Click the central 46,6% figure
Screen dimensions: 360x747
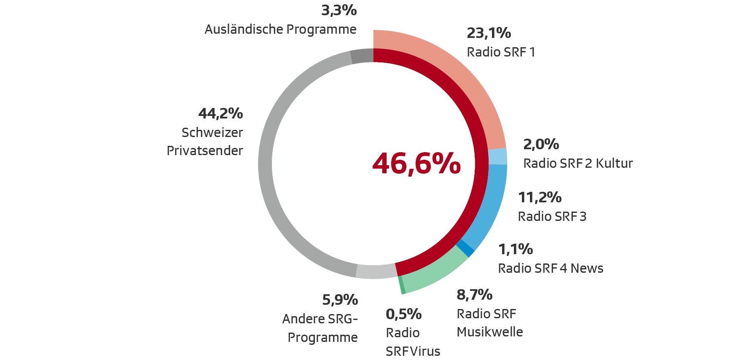(x=416, y=164)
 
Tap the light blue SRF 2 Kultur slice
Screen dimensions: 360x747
(x=497, y=156)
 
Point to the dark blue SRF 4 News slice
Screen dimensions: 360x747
(x=465, y=248)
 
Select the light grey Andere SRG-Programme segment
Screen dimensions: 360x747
(x=376, y=271)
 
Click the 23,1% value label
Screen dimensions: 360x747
(x=489, y=33)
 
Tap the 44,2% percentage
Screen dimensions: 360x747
(x=220, y=113)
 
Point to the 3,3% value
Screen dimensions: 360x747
(x=339, y=10)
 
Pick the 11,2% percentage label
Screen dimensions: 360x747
(x=540, y=197)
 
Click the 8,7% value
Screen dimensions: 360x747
(x=474, y=295)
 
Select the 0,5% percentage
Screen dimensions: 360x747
(x=403, y=314)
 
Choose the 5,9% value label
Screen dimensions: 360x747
(x=340, y=300)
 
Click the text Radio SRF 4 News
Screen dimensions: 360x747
(x=550, y=268)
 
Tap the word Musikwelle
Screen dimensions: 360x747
(x=489, y=332)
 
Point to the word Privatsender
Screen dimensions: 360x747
(x=205, y=150)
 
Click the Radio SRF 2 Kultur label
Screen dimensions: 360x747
(x=578, y=163)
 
